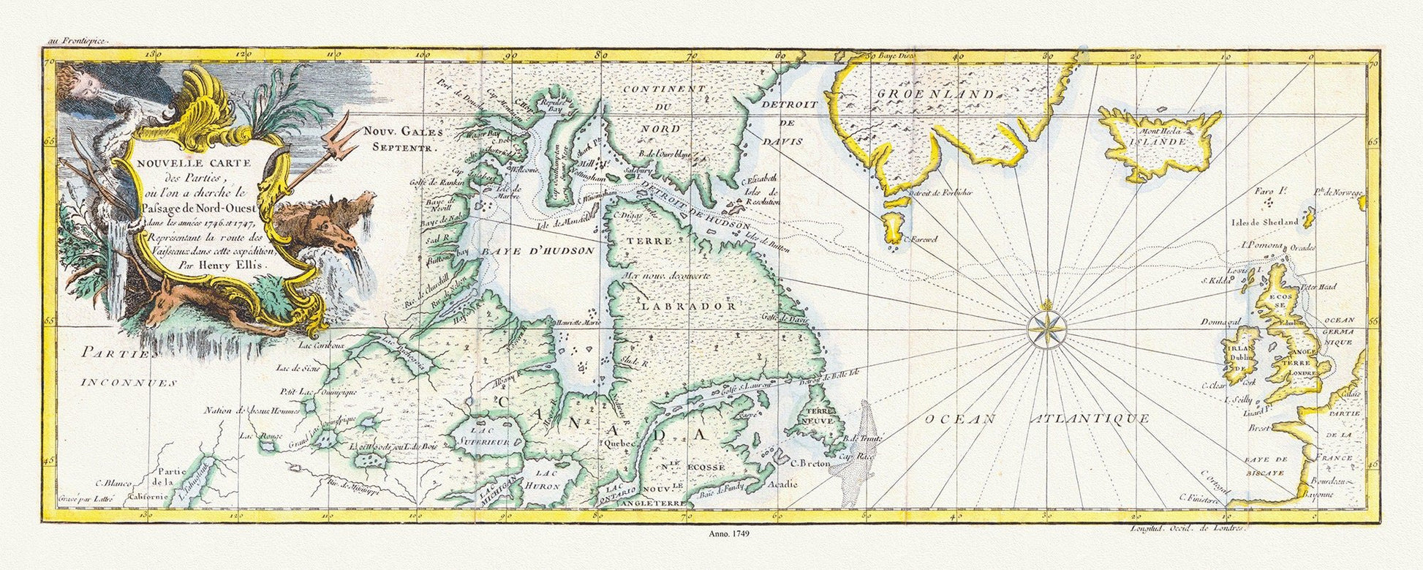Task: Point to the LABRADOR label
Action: pos(678,306)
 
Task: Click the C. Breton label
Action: pos(807,462)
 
